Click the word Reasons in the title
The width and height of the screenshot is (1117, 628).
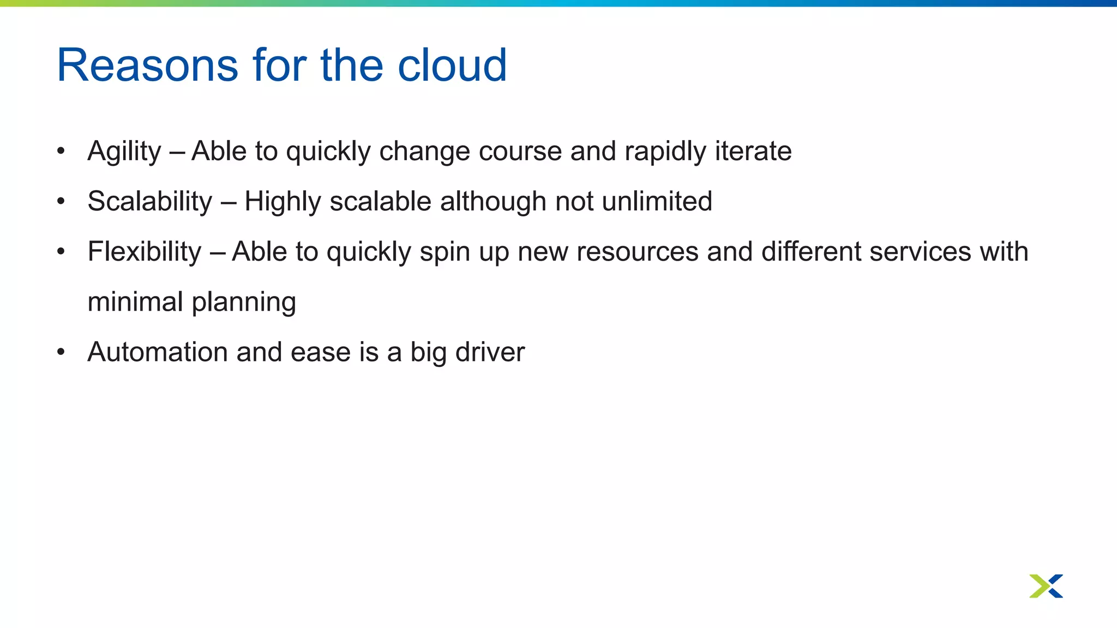pos(147,65)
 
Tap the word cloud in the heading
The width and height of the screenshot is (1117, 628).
pos(452,65)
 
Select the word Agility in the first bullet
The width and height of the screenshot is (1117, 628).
pos(124,152)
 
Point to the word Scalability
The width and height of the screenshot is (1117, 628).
pos(149,202)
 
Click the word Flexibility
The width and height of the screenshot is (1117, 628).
pos(145,252)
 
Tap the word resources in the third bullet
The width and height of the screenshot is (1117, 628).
pos(637,252)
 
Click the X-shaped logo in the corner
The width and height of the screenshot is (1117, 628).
pos(1046,586)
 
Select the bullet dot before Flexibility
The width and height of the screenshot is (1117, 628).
pos(61,252)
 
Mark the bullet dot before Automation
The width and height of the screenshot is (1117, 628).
pos(61,352)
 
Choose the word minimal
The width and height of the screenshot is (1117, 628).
pos(135,302)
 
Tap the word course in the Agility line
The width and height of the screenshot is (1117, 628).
pos(520,152)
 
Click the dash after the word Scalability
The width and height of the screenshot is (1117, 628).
pos(229,202)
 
